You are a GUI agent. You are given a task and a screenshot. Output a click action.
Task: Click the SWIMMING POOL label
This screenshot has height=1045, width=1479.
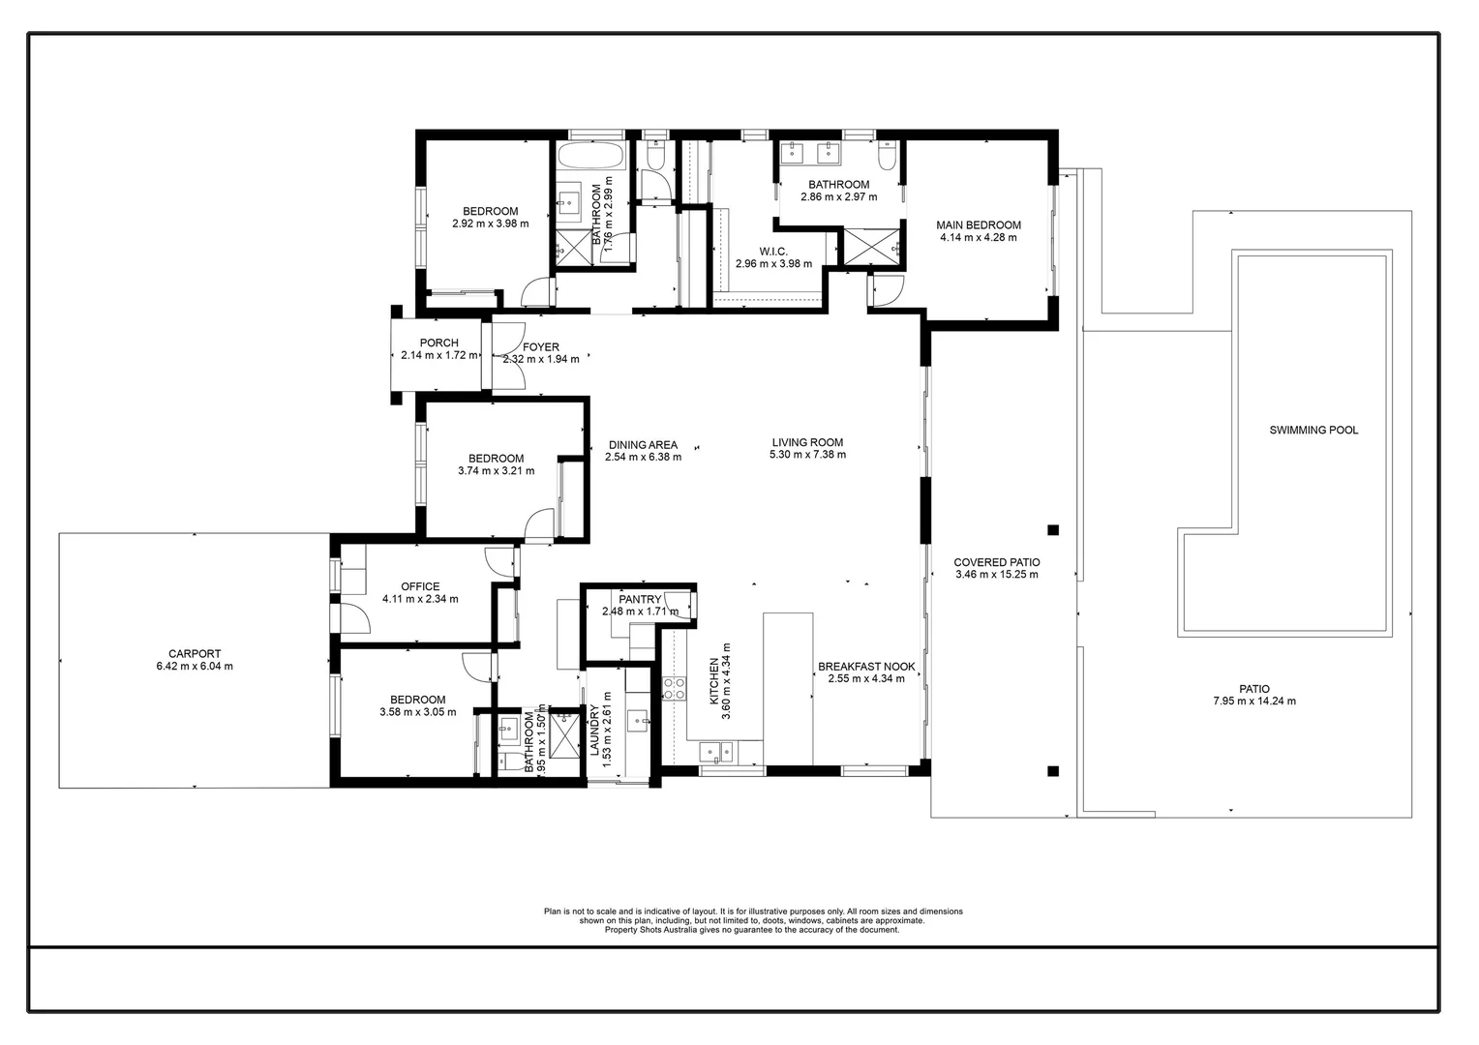(x=1313, y=430)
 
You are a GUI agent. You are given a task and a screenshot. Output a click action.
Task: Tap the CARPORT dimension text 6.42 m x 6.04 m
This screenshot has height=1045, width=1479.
(x=195, y=667)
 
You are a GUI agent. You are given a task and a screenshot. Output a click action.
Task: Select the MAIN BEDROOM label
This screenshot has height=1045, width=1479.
(x=978, y=225)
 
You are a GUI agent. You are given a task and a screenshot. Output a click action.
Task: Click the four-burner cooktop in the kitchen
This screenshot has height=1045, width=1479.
(x=674, y=688)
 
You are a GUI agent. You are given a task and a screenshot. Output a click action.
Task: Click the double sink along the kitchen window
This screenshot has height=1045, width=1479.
(x=717, y=750)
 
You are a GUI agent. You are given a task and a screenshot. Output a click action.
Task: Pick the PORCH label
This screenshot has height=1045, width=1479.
(x=438, y=343)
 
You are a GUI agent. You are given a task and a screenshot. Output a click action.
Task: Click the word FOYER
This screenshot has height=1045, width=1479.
(x=541, y=347)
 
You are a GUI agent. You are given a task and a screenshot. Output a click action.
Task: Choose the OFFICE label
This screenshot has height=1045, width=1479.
(x=420, y=586)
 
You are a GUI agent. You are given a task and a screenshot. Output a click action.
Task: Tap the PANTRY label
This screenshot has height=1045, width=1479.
(x=640, y=600)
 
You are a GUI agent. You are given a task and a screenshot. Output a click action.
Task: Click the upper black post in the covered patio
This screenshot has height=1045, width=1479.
(x=1053, y=529)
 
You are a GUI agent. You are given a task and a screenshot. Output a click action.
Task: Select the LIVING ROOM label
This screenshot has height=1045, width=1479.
(x=807, y=442)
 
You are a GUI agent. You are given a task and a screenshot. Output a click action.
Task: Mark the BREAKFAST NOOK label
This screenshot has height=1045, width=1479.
(x=866, y=667)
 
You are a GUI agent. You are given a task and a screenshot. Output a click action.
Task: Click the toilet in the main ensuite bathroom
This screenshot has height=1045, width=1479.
(x=887, y=155)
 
